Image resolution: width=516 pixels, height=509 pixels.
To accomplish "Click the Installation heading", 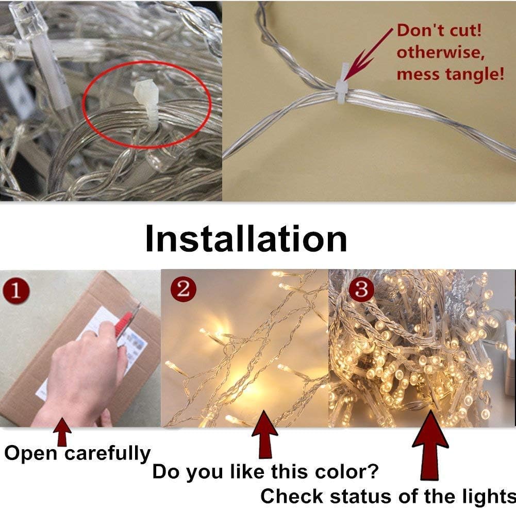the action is (246, 238).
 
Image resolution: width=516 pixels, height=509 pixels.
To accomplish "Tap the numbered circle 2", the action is (184, 289).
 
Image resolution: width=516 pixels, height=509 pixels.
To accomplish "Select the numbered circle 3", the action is (361, 289).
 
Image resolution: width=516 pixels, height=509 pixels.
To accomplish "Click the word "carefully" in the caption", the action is (108, 454).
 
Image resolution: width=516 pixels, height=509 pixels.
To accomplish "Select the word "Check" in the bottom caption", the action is (291, 496).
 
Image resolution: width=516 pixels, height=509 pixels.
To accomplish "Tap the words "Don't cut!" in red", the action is (439, 30).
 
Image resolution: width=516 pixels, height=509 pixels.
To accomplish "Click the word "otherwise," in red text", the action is (440, 53).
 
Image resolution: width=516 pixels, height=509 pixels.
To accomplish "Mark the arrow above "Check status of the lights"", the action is (430, 445).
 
